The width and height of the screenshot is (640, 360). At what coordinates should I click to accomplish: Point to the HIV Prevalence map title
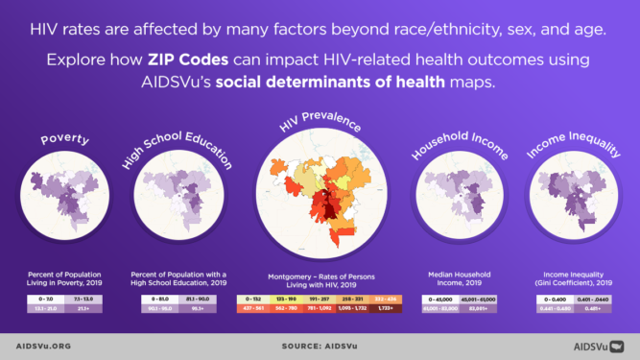(320, 126)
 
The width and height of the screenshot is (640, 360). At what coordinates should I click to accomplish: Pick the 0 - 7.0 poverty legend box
(43, 300)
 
